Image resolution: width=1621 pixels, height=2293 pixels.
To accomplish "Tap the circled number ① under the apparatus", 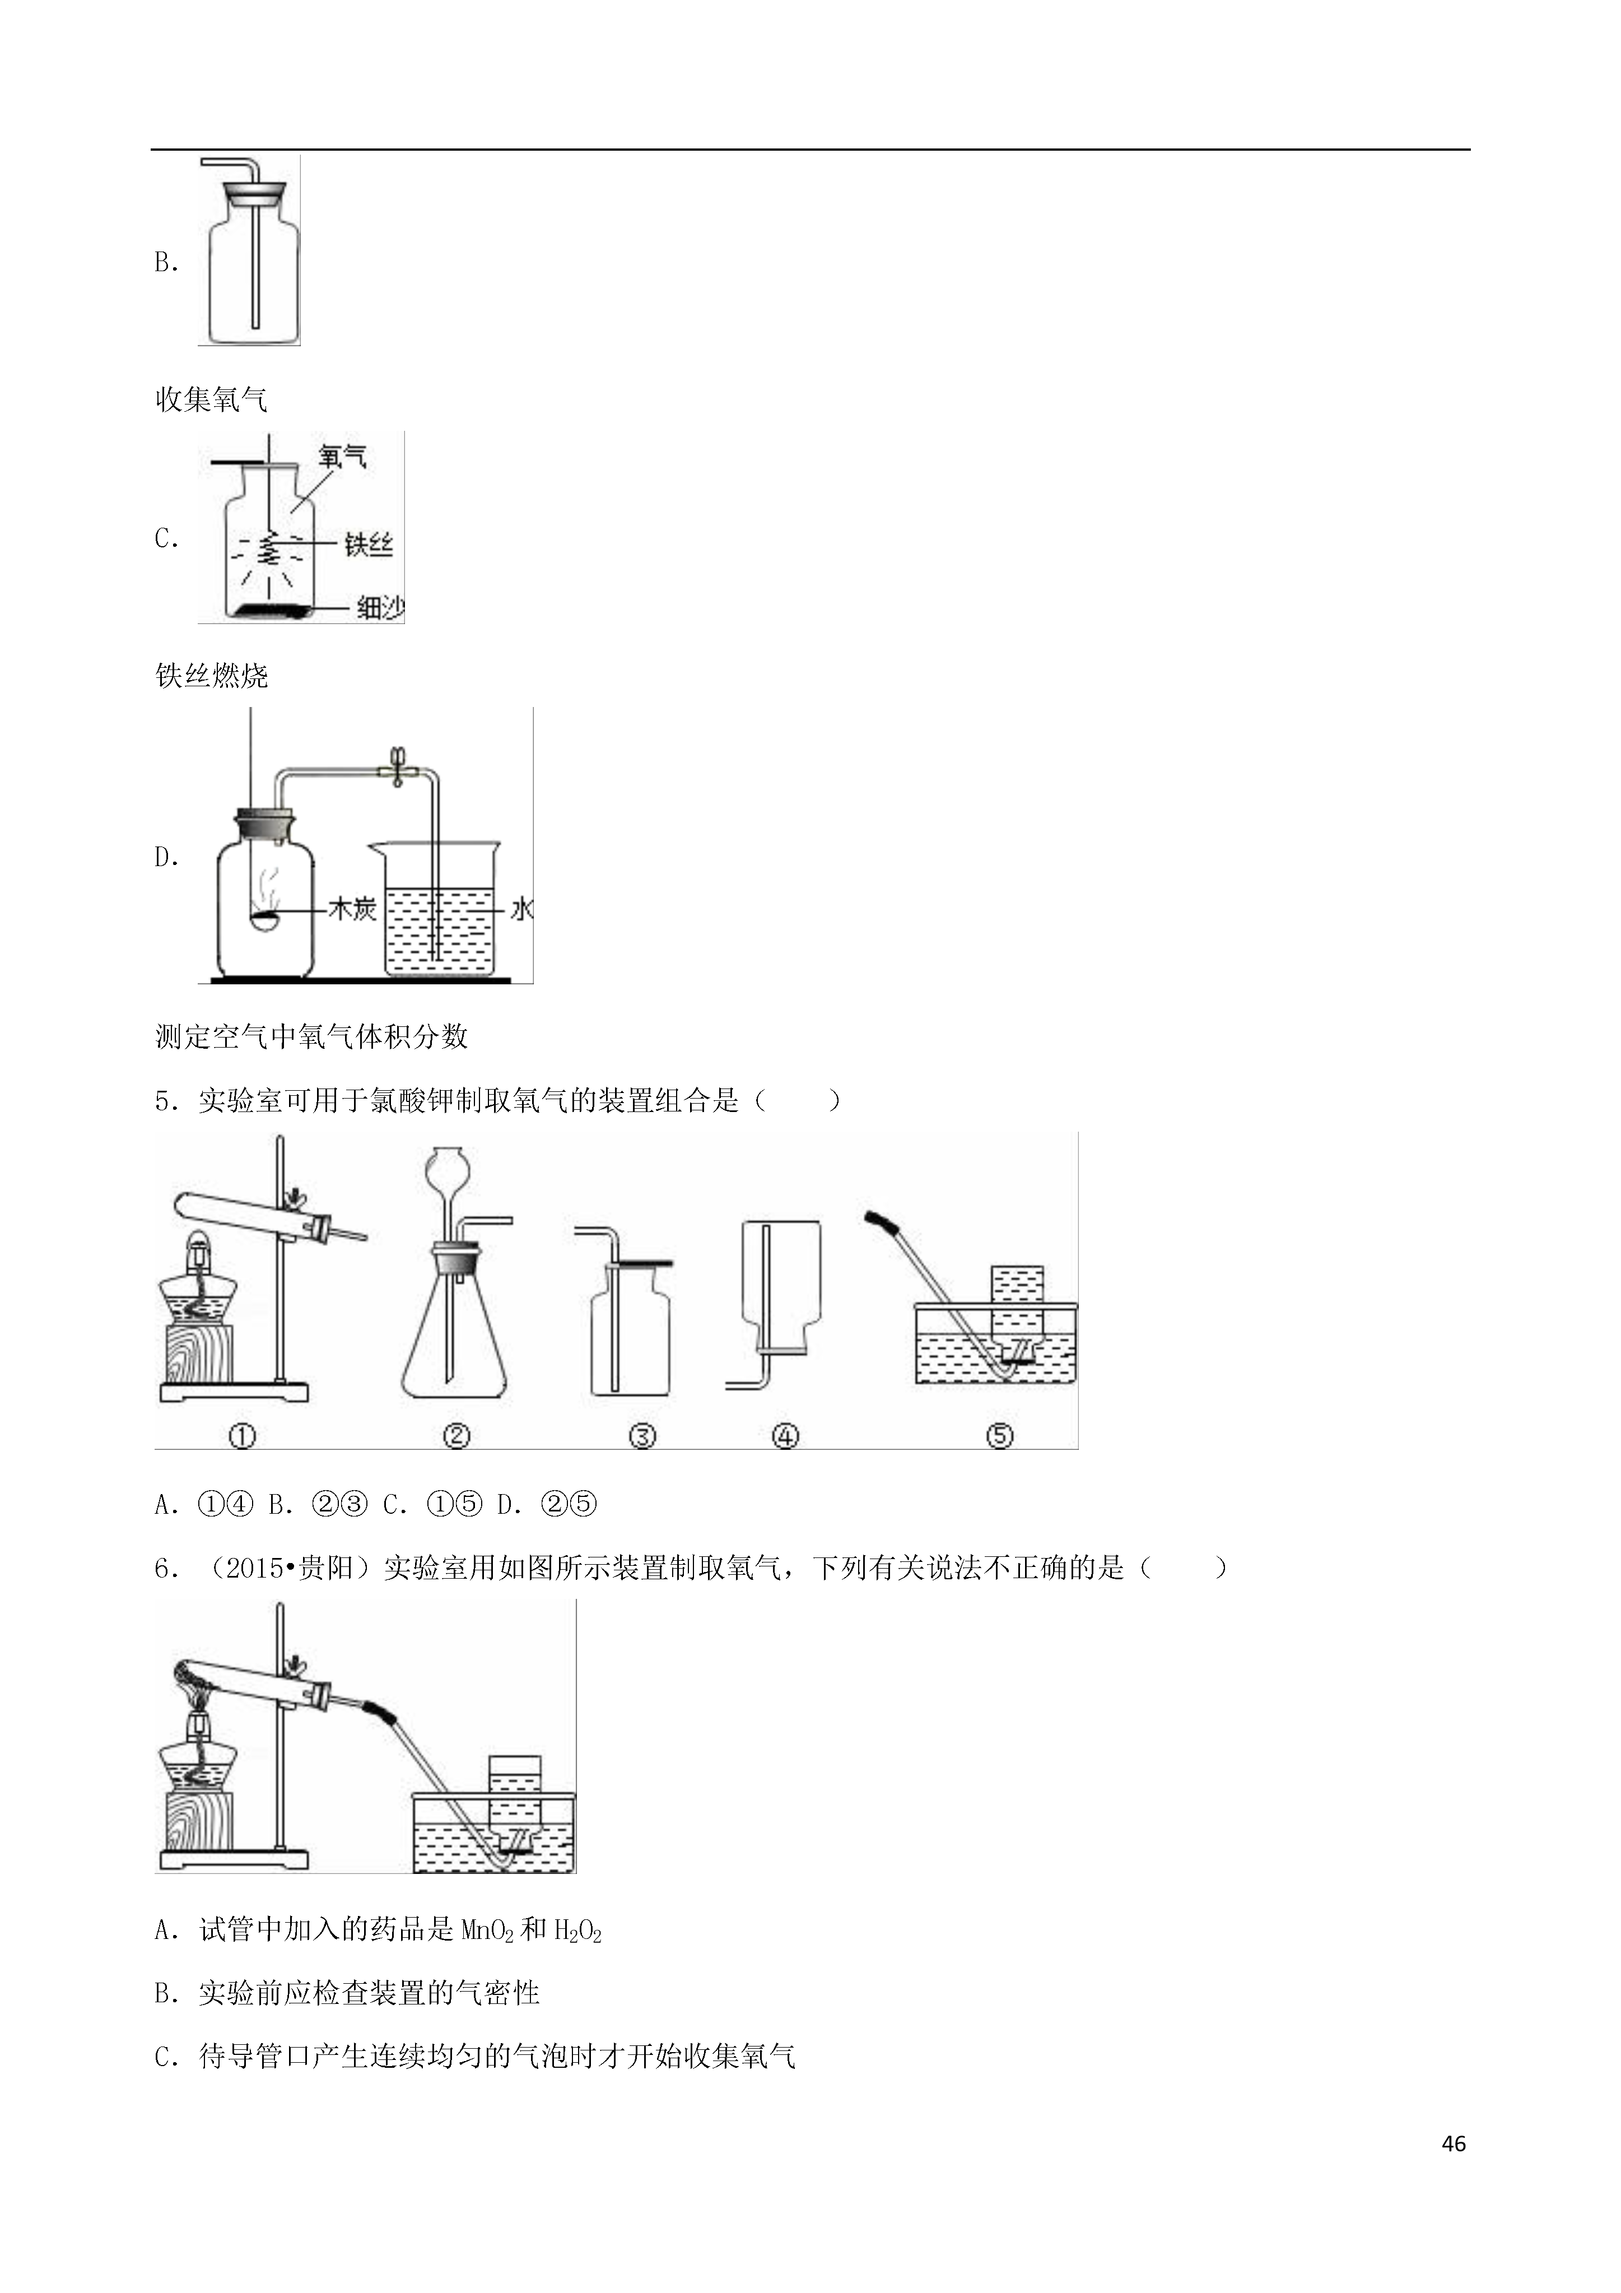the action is click(x=242, y=1436).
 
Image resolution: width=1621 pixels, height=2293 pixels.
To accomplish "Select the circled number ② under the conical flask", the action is click(x=455, y=1436).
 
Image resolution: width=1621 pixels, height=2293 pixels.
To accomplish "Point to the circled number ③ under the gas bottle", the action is click(x=642, y=1436).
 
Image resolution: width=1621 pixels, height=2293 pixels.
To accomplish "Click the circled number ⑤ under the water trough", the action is click(x=1000, y=1436).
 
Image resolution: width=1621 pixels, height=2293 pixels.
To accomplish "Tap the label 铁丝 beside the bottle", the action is click(x=369, y=545).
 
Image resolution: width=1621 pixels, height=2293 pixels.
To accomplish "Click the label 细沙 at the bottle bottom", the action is click(x=380, y=606).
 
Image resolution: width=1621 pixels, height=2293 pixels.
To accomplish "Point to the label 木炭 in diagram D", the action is click(x=352, y=909).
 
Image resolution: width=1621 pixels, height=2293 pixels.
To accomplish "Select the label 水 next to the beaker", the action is click(x=520, y=909).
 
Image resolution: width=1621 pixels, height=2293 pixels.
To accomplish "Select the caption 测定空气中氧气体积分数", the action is click(x=311, y=1036).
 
